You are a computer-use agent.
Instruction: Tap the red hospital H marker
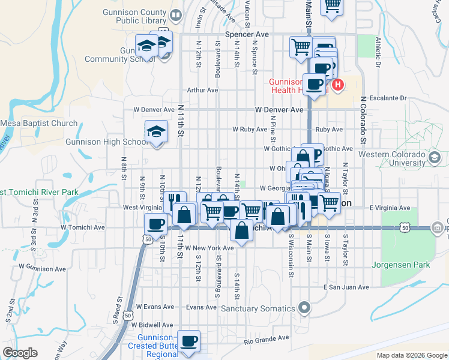pos(338,85)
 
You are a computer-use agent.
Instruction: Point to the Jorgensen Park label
pos(410,265)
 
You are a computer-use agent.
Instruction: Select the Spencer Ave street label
pos(247,35)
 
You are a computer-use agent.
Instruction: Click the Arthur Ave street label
pos(202,90)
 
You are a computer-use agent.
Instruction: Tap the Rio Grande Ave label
pos(267,339)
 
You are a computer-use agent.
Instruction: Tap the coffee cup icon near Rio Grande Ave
pos(190,341)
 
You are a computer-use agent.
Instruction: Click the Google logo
pos(20,353)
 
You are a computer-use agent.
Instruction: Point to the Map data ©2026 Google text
pos(411,355)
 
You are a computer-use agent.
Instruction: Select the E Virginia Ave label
pos(390,208)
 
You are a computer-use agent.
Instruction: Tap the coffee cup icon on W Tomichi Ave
pos(156,224)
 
